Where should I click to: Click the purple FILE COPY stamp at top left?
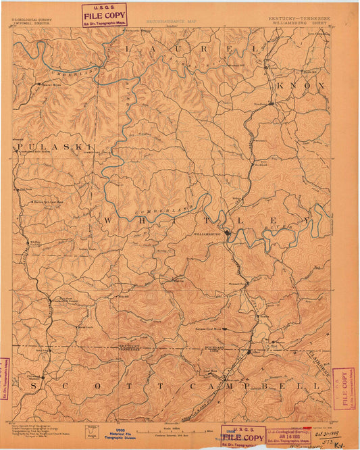104,14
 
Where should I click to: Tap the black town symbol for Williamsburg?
228,232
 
